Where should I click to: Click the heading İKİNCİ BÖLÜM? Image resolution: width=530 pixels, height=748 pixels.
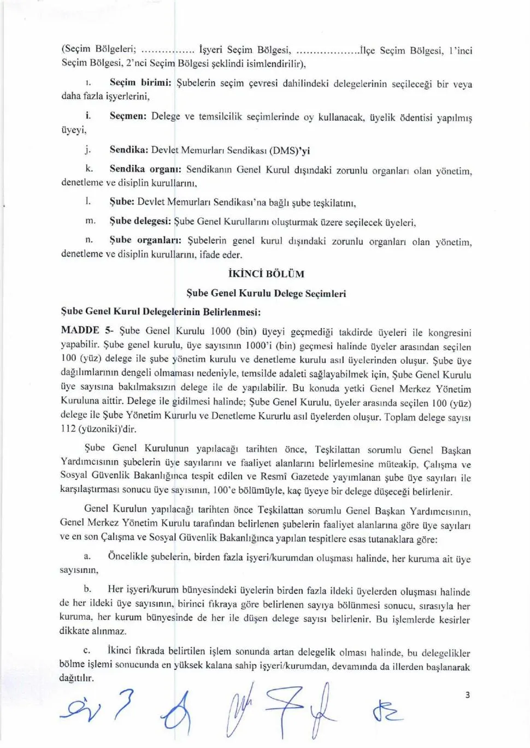click(x=266, y=274)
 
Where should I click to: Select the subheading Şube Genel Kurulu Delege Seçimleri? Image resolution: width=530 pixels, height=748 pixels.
click(x=266, y=293)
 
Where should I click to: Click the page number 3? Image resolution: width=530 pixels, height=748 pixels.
click(x=467, y=695)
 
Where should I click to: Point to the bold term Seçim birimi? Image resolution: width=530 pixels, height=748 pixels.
click(x=140, y=83)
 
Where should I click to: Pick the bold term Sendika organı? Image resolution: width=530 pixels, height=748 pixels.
click(x=145, y=169)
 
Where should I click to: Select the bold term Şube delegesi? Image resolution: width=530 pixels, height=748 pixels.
click(x=140, y=222)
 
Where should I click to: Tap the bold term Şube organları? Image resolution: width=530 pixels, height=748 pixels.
click(x=145, y=240)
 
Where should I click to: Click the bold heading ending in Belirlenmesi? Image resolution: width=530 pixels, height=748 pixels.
click(x=161, y=312)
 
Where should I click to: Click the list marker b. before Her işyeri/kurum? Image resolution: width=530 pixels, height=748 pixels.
click(x=87, y=589)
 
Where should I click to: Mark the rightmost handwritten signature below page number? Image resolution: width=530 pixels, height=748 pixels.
click(x=387, y=713)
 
